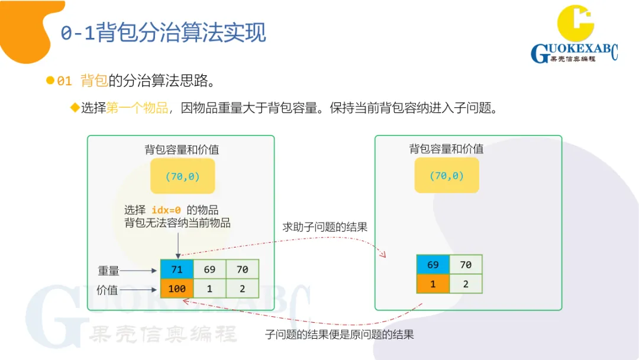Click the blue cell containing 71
click(176, 269)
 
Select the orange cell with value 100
click(176, 288)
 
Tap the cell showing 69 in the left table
click(209, 269)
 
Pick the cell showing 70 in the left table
click(243, 269)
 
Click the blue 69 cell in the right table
click(433, 265)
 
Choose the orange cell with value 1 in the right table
click(433, 284)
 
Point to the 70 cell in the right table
click(466, 265)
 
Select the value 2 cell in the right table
click(466, 284)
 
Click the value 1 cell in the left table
click(209, 288)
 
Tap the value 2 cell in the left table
click(243, 288)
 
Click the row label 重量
click(108, 271)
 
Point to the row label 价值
click(107, 290)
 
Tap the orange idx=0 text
click(166, 210)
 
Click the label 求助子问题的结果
click(325, 227)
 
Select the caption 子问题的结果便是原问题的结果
click(339, 335)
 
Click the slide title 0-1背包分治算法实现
click(163, 33)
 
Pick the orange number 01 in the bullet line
click(64, 81)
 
